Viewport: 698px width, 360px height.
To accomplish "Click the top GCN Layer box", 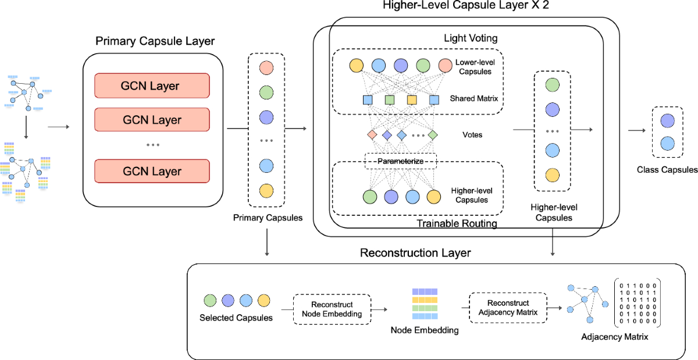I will [151, 86].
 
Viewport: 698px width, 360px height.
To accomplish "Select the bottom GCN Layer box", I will [151, 171].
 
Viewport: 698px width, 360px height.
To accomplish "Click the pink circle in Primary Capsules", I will [266, 67].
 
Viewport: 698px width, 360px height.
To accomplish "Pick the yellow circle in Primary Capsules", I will [266, 191].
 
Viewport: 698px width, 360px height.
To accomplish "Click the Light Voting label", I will [470, 38].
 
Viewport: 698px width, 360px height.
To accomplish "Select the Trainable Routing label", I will [457, 223].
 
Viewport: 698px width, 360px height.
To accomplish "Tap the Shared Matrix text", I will [473, 99].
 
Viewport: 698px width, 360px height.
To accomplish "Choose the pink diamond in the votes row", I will [372, 135].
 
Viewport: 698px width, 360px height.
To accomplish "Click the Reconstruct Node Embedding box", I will [332, 309].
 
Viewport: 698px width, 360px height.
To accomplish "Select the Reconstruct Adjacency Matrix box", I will [508, 308].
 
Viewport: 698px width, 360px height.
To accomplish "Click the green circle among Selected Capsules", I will [210, 301].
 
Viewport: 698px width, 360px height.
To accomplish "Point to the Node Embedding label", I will [424, 330].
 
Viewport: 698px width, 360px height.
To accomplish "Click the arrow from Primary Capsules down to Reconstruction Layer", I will [266, 242].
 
